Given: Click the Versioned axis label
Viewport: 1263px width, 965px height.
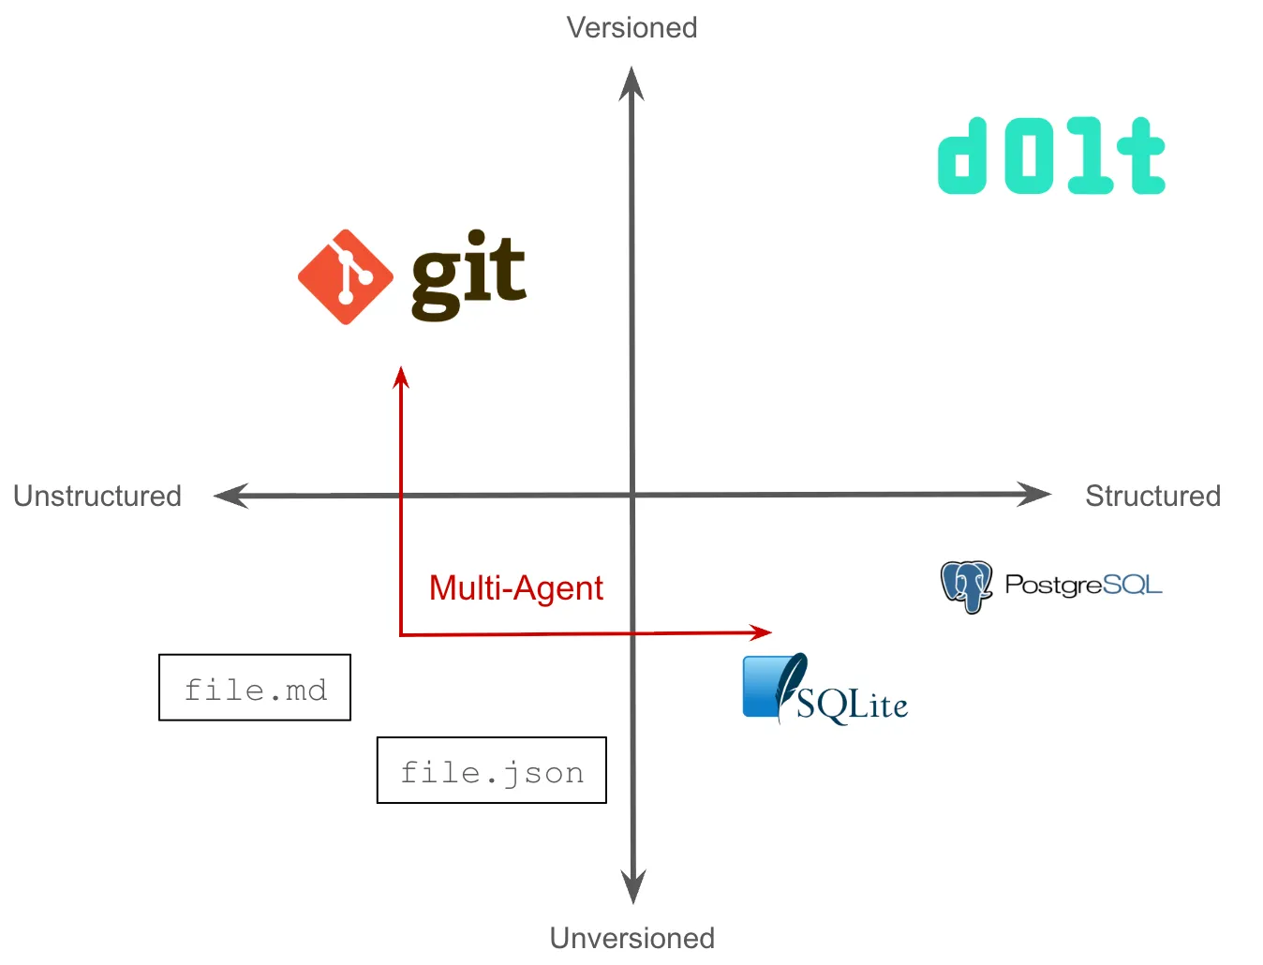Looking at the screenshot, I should pyautogui.click(x=631, y=27).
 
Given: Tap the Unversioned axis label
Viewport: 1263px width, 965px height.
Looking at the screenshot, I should pyautogui.click(x=631, y=937).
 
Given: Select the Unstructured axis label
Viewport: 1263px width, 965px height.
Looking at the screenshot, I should pyautogui.click(x=97, y=496).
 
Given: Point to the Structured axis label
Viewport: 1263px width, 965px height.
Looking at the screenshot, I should pyautogui.click(x=1152, y=496).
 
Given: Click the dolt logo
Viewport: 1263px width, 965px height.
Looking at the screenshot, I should pyautogui.click(x=1051, y=156).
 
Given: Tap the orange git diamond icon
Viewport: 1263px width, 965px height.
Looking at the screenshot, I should pyautogui.click(x=346, y=277).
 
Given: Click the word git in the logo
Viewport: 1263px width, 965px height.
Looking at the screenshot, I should pyautogui.click(x=468, y=275).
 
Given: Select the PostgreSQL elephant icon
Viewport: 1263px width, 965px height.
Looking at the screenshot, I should pyautogui.click(x=966, y=586).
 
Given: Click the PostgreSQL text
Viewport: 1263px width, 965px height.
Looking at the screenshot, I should pyautogui.click(x=1083, y=585).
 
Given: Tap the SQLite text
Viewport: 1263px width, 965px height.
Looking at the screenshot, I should pyautogui.click(x=853, y=705).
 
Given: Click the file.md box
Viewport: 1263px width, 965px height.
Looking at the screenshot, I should pyautogui.click(x=255, y=688).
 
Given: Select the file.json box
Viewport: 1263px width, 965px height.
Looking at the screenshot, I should pyautogui.click(x=492, y=770).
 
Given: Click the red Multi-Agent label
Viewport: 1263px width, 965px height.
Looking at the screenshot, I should pyautogui.click(x=515, y=588).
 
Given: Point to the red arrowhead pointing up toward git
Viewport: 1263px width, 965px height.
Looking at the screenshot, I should pyautogui.click(x=402, y=377).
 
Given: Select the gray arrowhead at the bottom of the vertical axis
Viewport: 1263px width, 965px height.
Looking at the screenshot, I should pyautogui.click(x=633, y=886).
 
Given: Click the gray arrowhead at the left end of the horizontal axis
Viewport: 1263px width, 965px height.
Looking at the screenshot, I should pyautogui.click(x=231, y=496).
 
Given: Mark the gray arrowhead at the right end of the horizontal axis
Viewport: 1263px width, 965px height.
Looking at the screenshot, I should pyautogui.click(x=1034, y=494).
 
